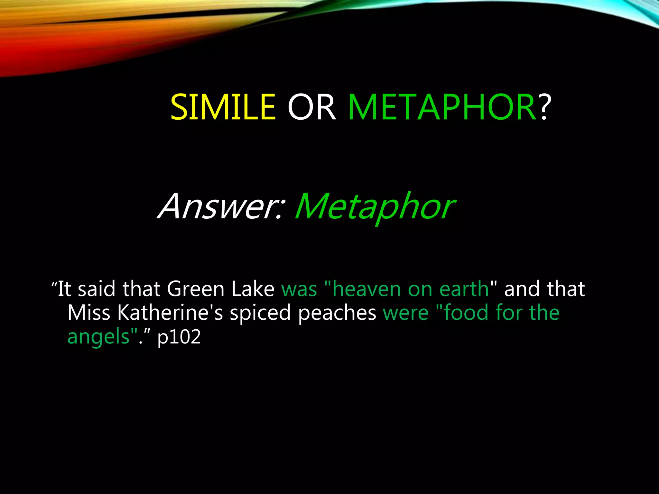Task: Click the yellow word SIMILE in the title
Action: tap(223, 107)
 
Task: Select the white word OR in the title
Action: tap(311, 107)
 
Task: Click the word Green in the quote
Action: tap(196, 288)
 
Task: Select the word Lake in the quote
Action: tap(253, 288)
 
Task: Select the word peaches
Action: tap(337, 313)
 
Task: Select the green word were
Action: tap(406, 313)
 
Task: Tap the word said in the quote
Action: tap(97, 288)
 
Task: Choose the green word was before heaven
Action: tap(299, 289)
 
